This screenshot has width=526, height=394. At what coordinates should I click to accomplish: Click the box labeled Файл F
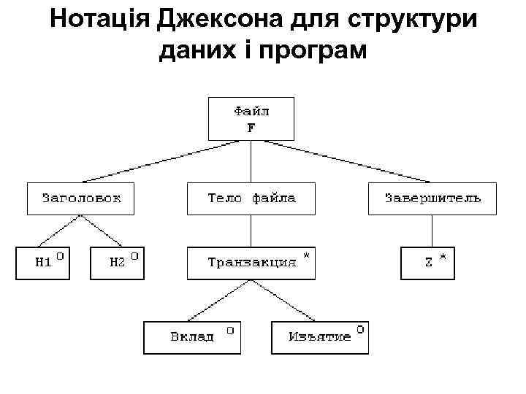pyautogui.click(x=251, y=118)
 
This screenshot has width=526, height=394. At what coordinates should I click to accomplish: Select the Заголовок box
pyautogui.click(x=81, y=198)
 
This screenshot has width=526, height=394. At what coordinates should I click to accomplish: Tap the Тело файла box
pyautogui.click(x=251, y=198)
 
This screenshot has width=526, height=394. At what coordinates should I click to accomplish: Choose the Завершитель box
pyautogui.click(x=432, y=198)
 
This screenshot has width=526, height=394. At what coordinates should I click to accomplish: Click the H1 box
pyautogui.click(x=43, y=263)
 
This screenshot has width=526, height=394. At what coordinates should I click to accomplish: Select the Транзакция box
pyautogui.click(x=251, y=263)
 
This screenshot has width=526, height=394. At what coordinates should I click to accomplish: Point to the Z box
pyautogui.click(x=427, y=263)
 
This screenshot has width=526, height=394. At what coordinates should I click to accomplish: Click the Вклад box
pyautogui.click(x=192, y=337)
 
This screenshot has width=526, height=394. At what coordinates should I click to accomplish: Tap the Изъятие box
pyautogui.click(x=320, y=337)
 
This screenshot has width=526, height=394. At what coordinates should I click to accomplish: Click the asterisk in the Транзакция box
pyautogui.click(x=306, y=257)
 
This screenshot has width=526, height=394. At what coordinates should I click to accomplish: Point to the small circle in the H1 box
pyautogui.click(x=61, y=257)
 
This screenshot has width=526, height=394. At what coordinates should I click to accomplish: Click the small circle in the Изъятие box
pyautogui.click(x=360, y=331)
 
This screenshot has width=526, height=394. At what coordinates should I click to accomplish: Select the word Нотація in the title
pyautogui.click(x=99, y=20)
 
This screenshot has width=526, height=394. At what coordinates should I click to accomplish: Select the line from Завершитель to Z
pyautogui.click(x=432, y=231)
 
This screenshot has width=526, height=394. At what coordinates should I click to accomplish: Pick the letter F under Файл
pyautogui.click(x=251, y=127)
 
